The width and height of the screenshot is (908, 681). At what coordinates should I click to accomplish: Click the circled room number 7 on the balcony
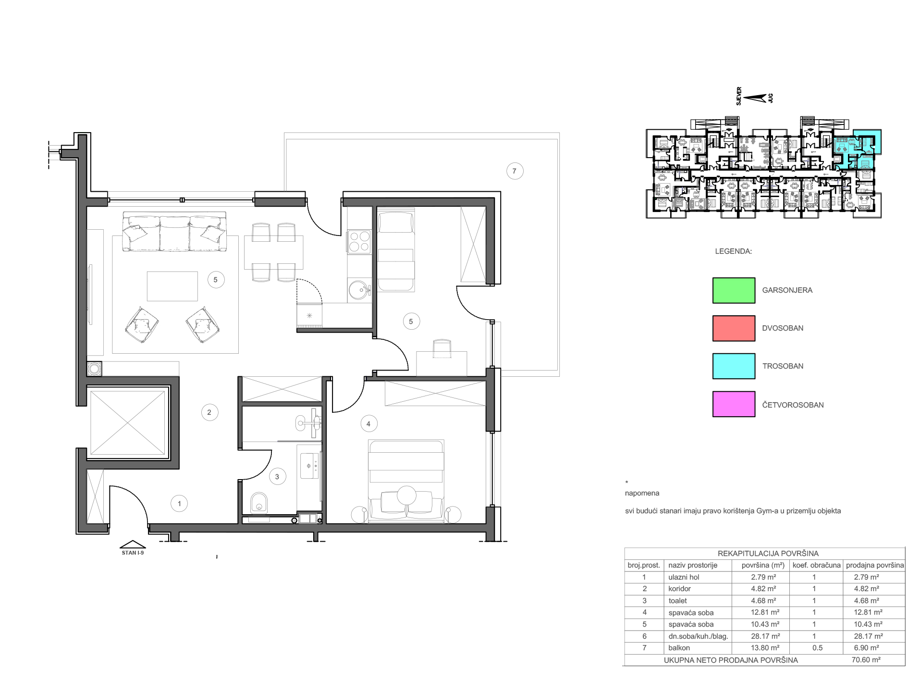(x=515, y=171)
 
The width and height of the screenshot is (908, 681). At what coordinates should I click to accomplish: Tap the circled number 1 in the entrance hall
(x=179, y=504)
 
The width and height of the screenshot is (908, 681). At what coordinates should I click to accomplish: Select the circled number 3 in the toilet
(x=277, y=477)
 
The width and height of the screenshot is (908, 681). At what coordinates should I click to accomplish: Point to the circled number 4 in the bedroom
(x=368, y=424)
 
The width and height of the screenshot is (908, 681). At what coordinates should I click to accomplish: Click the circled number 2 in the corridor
(x=209, y=412)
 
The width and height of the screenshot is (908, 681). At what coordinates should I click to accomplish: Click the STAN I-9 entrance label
(x=133, y=553)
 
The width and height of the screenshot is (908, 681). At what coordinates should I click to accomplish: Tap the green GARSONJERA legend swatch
(x=734, y=290)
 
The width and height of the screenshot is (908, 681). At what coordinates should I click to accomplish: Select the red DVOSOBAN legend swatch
(x=734, y=328)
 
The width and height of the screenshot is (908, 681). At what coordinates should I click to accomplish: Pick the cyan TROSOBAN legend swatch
(x=734, y=366)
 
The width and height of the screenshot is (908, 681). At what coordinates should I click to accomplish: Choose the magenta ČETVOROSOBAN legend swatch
(x=734, y=404)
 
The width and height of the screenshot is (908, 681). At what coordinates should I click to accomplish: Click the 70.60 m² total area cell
(x=866, y=660)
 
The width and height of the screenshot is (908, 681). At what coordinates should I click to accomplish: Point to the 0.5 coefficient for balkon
(x=817, y=648)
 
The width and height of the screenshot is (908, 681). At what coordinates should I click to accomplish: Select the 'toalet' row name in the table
(x=677, y=601)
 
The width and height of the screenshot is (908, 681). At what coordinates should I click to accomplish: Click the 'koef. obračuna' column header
(x=816, y=565)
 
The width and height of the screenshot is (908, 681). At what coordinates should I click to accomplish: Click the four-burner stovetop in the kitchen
(x=359, y=242)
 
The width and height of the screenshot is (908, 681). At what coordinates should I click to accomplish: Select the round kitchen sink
(x=358, y=290)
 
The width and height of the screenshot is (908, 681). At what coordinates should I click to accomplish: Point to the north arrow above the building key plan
(x=755, y=98)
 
